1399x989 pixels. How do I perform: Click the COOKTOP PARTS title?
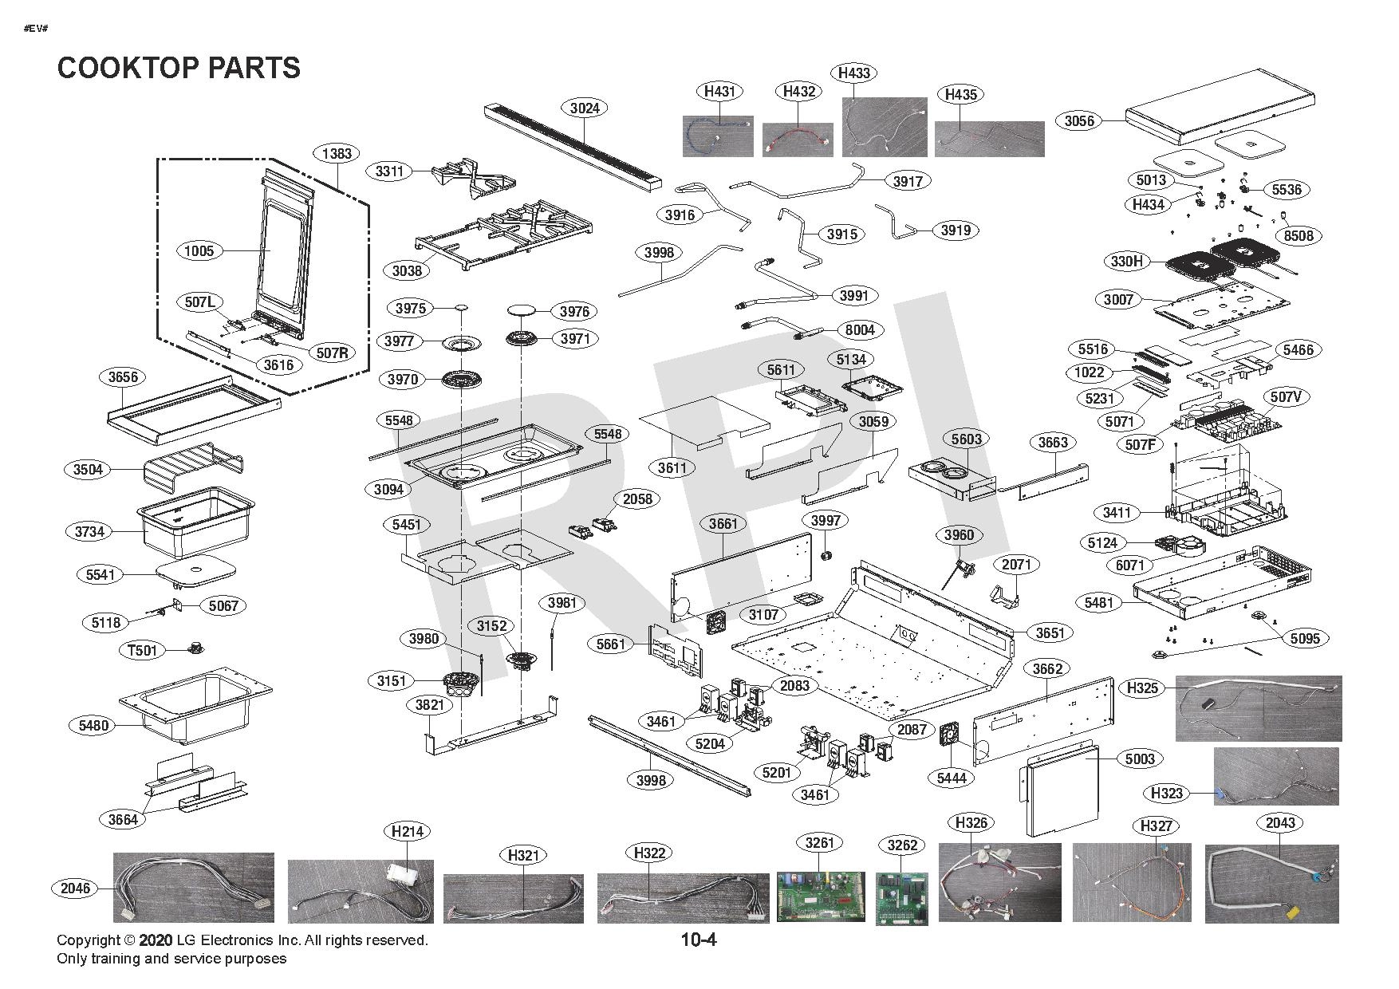[x=179, y=68]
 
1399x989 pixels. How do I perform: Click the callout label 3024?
[x=585, y=108]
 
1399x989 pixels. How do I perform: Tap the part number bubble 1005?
[x=199, y=251]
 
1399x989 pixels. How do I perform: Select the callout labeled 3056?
[x=1079, y=121]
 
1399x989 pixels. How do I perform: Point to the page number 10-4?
[x=699, y=940]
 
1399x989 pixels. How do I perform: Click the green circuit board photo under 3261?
[x=820, y=897]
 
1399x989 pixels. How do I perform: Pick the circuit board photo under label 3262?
[x=902, y=900]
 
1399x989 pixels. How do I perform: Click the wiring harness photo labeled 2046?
[x=194, y=888]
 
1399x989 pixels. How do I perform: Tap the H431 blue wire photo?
[x=718, y=136]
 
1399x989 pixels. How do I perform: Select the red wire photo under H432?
[x=798, y=140]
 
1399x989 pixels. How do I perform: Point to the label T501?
[x=144, y=650]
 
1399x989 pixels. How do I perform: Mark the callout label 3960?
[x=959, y=535]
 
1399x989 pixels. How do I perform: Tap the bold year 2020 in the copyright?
[x=156, y=940]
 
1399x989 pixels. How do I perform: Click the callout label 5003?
[x=1140, y=758]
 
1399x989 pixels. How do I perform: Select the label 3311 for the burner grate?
[x=390, y=171]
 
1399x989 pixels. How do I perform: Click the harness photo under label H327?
[x=1132, y=883]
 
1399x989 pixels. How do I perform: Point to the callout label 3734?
[x=89, y=531]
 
